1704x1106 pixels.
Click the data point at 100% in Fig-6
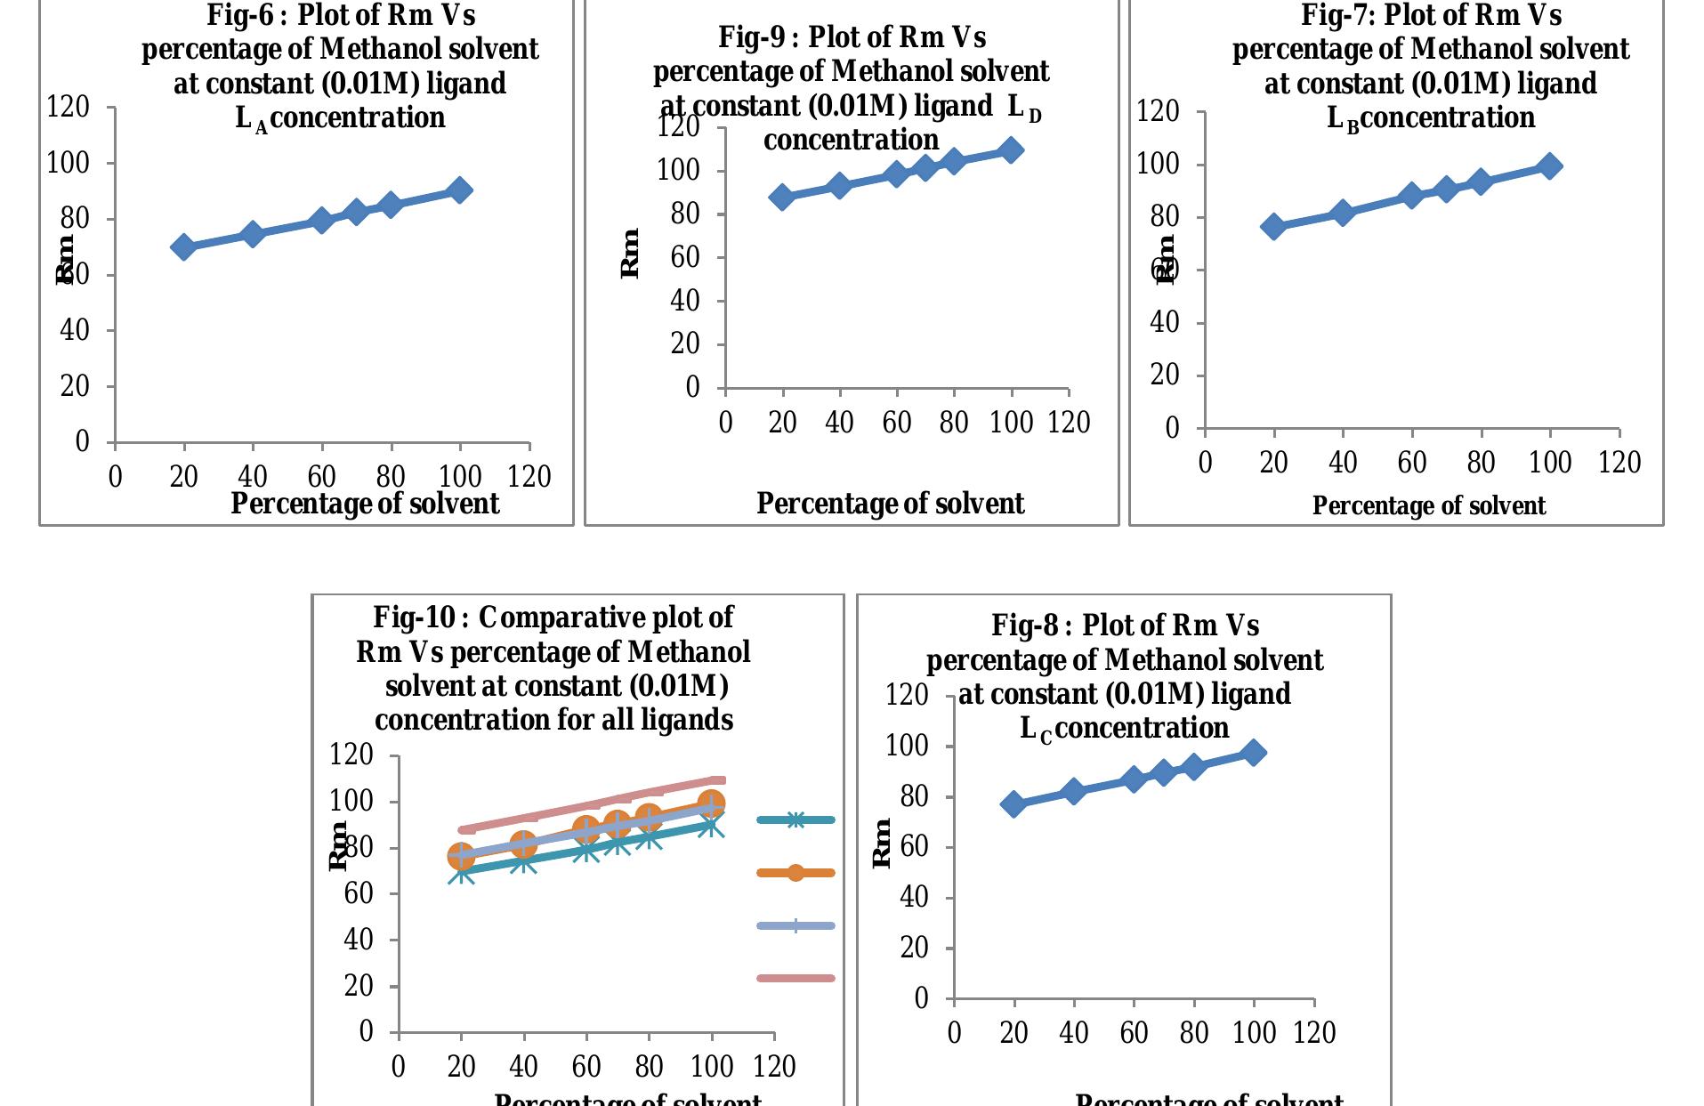[459, 190]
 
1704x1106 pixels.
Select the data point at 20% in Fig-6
[183, 246]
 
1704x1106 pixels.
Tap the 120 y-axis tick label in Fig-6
[68, 108]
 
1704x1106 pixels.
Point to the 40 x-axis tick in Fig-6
[253, 477]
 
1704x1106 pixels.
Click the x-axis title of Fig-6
[365, 505]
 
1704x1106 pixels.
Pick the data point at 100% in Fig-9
[1011, 149]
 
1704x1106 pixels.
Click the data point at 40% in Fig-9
[839, 186]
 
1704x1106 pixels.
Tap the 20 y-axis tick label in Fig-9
[685, 344]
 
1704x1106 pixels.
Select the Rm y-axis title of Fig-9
[630, 254]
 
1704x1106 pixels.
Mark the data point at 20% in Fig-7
[1274, 226]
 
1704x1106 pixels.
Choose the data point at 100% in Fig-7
[1549, 165]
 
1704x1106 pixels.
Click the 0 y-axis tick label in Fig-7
[1172, 429]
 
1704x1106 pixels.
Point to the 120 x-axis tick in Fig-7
[1619, 463]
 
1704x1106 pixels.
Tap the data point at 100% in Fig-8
[1253, 753]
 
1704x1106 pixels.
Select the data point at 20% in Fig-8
[1013, 804]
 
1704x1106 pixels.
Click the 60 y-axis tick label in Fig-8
[914, 847]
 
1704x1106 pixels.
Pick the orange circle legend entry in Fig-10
[795, 873]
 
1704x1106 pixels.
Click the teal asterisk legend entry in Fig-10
[795, 820]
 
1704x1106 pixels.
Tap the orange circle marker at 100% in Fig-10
[711, 804]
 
